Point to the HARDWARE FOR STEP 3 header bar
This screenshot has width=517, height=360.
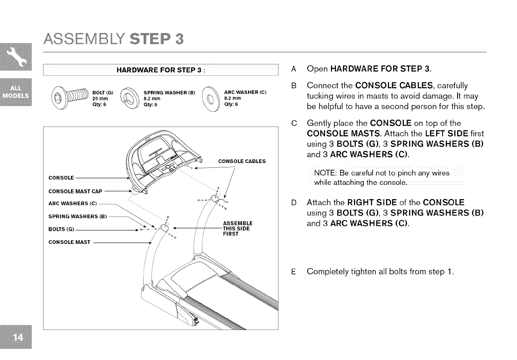(160, 70)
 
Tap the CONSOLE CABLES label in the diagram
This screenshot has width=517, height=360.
(242, 161)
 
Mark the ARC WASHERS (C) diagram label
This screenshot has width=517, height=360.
(72, 203)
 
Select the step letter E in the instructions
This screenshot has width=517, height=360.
(294, 272)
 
